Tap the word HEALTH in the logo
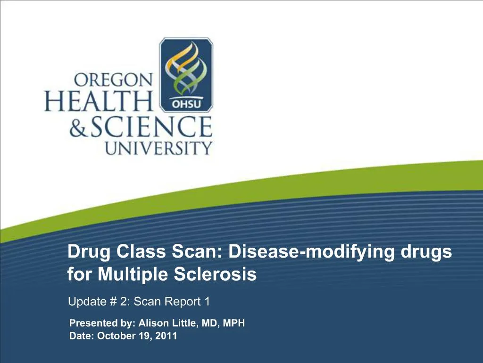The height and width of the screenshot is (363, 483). click(x=99, y=101)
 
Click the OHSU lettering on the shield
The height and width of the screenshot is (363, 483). click(x=185, y=104)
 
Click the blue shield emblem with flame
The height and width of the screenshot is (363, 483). click(x=186, y=75)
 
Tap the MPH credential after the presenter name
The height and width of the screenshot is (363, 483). click(x=233, y=324)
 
